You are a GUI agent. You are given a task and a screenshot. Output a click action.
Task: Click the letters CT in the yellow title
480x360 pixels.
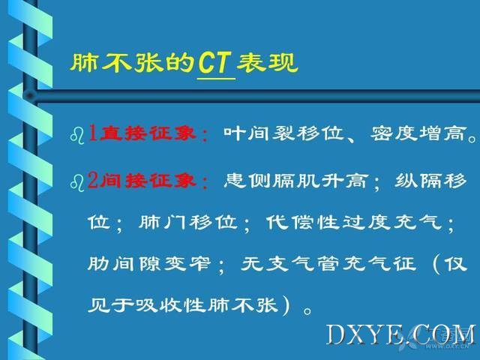click(x=214, y=62)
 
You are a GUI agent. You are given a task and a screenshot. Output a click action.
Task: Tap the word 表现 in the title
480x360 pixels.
click(x=267, y=62)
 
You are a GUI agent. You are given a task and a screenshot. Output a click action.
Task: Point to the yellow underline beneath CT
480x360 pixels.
click(x=216, y=79)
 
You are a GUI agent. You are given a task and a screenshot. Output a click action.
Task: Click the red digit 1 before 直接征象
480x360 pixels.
click(x=93, y=133)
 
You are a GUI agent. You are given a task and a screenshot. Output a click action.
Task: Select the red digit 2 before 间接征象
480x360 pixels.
click(x=93, y=180)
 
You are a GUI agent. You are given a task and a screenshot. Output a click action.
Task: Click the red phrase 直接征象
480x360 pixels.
click(x=148, y=133)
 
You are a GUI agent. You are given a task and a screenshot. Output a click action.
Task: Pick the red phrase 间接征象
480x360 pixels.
click(x=148, y=180)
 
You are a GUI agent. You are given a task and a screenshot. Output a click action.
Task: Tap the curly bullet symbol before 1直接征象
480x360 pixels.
click(x=77, y=136)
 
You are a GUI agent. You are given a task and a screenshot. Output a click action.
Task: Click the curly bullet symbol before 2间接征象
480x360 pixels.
click(x=77, y=183)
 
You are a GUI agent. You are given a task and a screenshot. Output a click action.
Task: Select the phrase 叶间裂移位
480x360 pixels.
click(x=283, y=133)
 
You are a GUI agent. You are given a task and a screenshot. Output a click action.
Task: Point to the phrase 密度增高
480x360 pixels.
click(x=418, y=133)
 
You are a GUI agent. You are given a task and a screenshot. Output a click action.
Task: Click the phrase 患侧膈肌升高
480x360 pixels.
click(x=295, y=180)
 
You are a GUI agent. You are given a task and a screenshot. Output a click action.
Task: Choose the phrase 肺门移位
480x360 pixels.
click(x=188, y=222)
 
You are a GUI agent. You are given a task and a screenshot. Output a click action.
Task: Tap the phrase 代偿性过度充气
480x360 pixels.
click(x=354, y=222)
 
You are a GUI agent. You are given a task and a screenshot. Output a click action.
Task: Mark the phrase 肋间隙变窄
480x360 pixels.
click(x=149, y=263)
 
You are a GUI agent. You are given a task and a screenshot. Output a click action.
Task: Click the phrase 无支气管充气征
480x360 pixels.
click(x=328, y=263)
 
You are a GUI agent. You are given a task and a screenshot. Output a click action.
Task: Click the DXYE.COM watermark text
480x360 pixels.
click(x=401, y=335)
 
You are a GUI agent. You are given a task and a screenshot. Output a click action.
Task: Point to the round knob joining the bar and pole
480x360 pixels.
click(x=30, y=96)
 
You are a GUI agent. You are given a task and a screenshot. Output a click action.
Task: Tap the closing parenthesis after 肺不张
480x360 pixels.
click(x=286, y=305)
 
